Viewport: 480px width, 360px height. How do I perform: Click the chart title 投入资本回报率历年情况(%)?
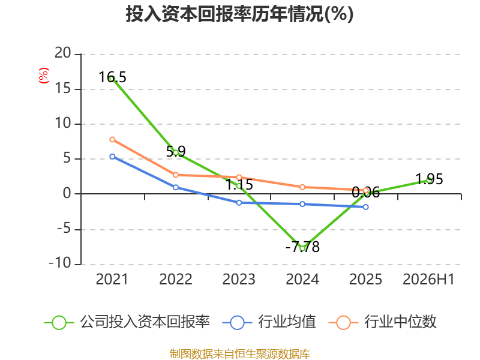[239, 14]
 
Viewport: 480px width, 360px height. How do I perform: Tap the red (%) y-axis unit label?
[43, 76]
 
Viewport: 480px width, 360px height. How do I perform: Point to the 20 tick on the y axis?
[63, 53]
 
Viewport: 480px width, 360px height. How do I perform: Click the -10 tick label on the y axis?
[60, 263]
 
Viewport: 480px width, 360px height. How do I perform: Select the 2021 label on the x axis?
[112, 279]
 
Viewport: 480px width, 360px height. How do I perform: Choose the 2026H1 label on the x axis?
[428, 279]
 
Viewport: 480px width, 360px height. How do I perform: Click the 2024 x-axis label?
[302, 279]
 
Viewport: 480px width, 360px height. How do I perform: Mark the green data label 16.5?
[112, 77]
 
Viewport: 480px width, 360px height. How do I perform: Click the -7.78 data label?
[302, 247]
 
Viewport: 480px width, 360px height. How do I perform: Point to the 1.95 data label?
[429, 179]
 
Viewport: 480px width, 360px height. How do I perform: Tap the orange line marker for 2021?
[112, 140]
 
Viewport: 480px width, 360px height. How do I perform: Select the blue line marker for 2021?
[112, 157]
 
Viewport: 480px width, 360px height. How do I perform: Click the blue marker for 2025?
[365, 207]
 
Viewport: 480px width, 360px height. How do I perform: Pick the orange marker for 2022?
[176, 175]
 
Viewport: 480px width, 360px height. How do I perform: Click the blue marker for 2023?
[239, 203]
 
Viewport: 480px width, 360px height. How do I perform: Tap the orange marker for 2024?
[302, 187]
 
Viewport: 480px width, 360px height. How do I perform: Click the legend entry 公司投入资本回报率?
[127, 322]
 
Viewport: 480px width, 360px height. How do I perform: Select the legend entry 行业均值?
[269, 322]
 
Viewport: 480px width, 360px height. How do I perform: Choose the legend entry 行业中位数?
[383, 322]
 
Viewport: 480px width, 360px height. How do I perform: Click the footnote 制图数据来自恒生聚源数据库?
[240, 354]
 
